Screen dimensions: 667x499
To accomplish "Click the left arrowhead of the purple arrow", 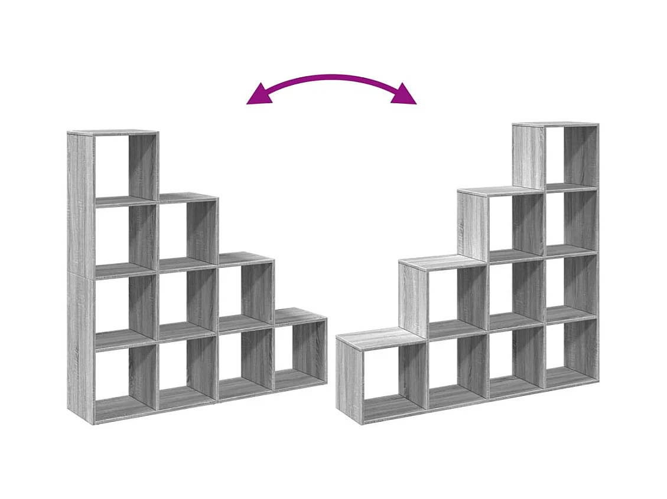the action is point(259,95).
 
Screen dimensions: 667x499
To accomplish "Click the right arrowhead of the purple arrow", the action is point(405,94).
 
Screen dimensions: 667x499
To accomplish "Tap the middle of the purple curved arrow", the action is point(331,77).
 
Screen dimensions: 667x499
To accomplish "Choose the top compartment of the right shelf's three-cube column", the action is point(514,224).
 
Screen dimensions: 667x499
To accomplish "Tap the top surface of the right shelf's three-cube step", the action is point(490,191).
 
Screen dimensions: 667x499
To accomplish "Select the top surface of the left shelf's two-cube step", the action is point(245,258).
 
